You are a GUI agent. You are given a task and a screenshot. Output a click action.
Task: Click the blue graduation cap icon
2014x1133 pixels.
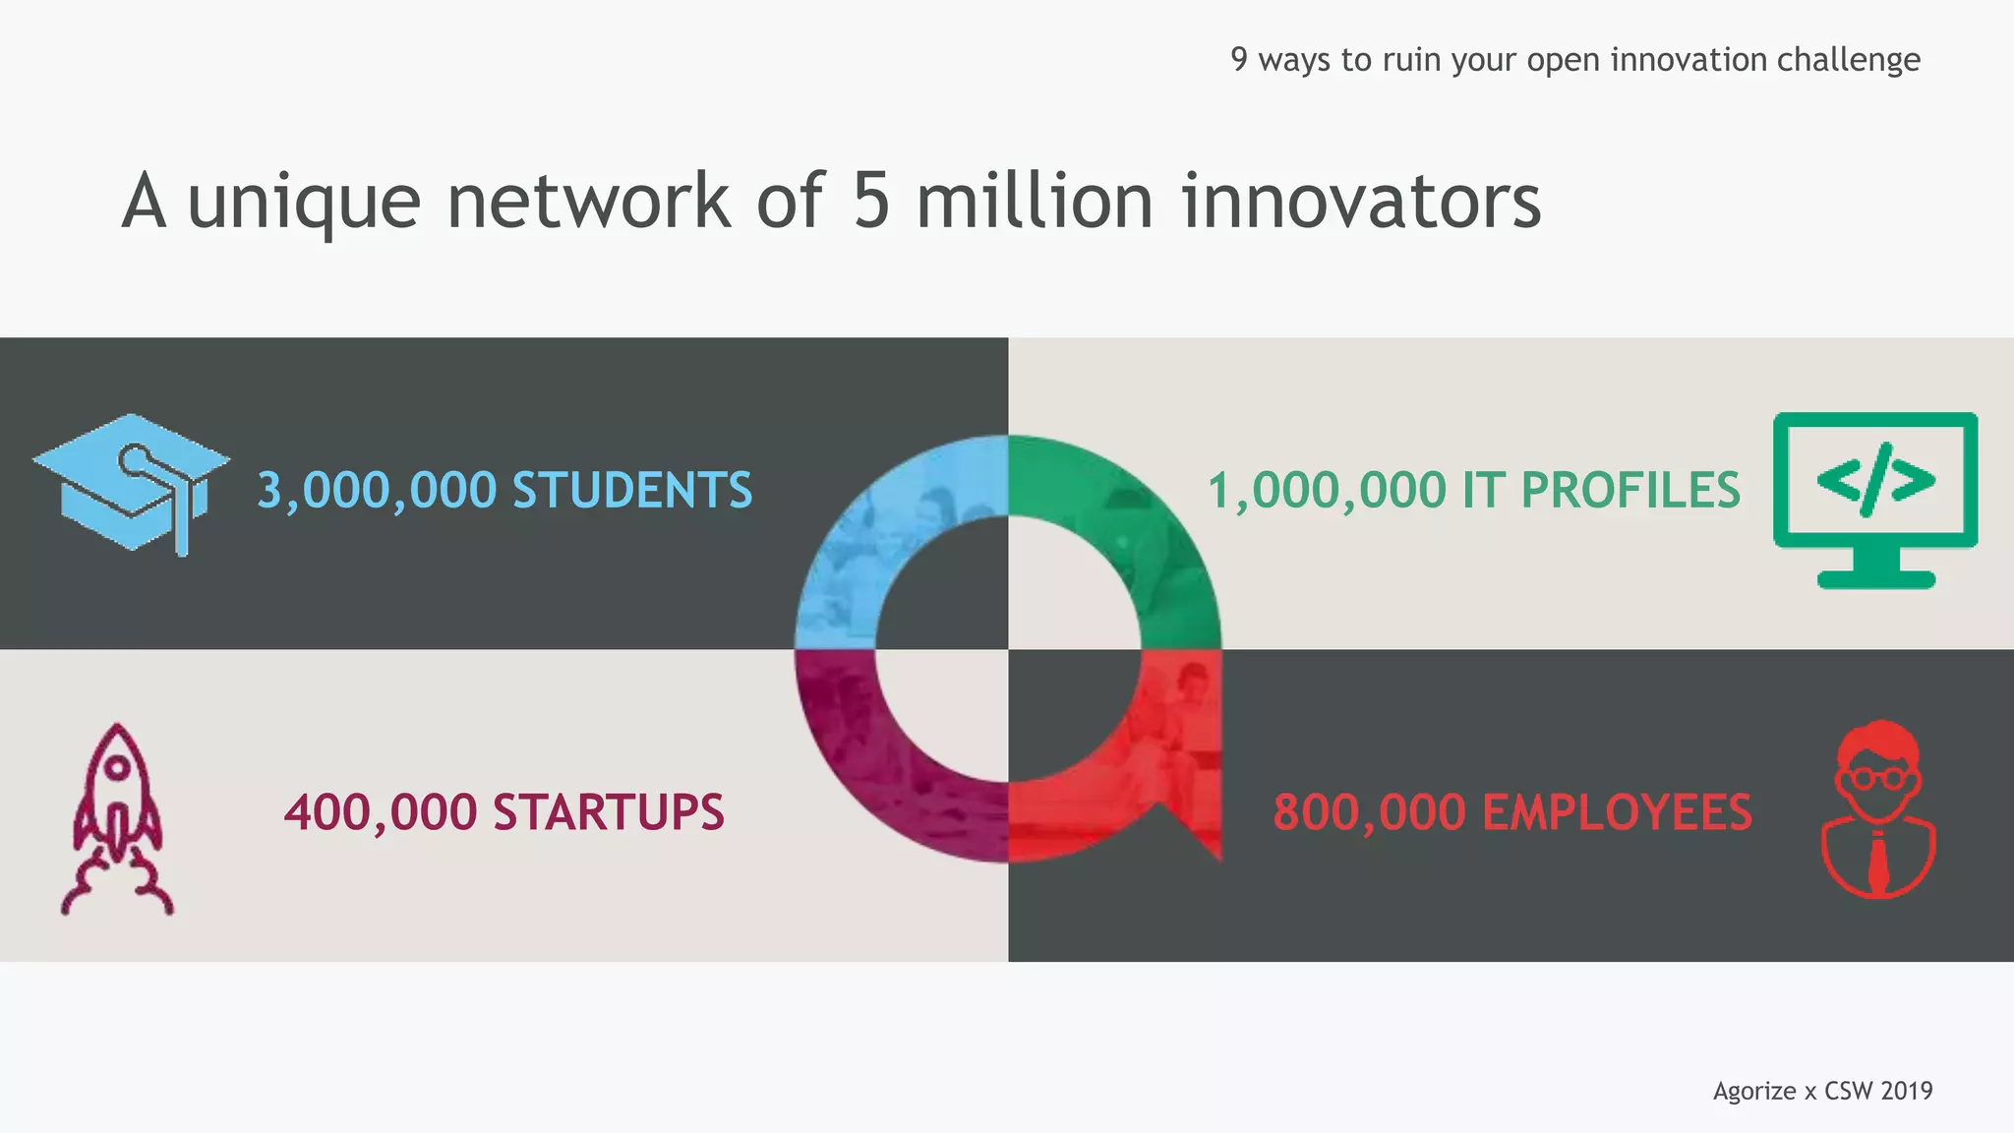(x=131, y=482)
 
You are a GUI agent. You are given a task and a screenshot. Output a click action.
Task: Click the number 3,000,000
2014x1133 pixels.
(x=377, y=490)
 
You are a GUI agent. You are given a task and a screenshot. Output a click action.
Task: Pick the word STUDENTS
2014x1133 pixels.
(x=632, y=490)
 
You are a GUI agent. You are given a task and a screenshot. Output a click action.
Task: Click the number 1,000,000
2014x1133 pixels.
(x=1328, y=490)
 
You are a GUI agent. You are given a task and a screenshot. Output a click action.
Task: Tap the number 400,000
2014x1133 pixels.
(x=381, y=812)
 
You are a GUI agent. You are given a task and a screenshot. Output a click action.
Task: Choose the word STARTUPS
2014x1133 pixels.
(x=608, y=812)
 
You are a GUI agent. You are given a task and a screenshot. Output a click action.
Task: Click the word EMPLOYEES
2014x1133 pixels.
(x=1617, y=812)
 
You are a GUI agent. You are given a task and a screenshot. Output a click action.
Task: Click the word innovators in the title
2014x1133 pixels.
(x=1361, y=201)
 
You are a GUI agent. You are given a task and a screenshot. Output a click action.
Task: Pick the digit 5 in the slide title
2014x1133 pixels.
(x=871, y=201)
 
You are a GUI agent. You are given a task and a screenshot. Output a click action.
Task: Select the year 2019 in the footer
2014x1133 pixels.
(x=1906, y=1091)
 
